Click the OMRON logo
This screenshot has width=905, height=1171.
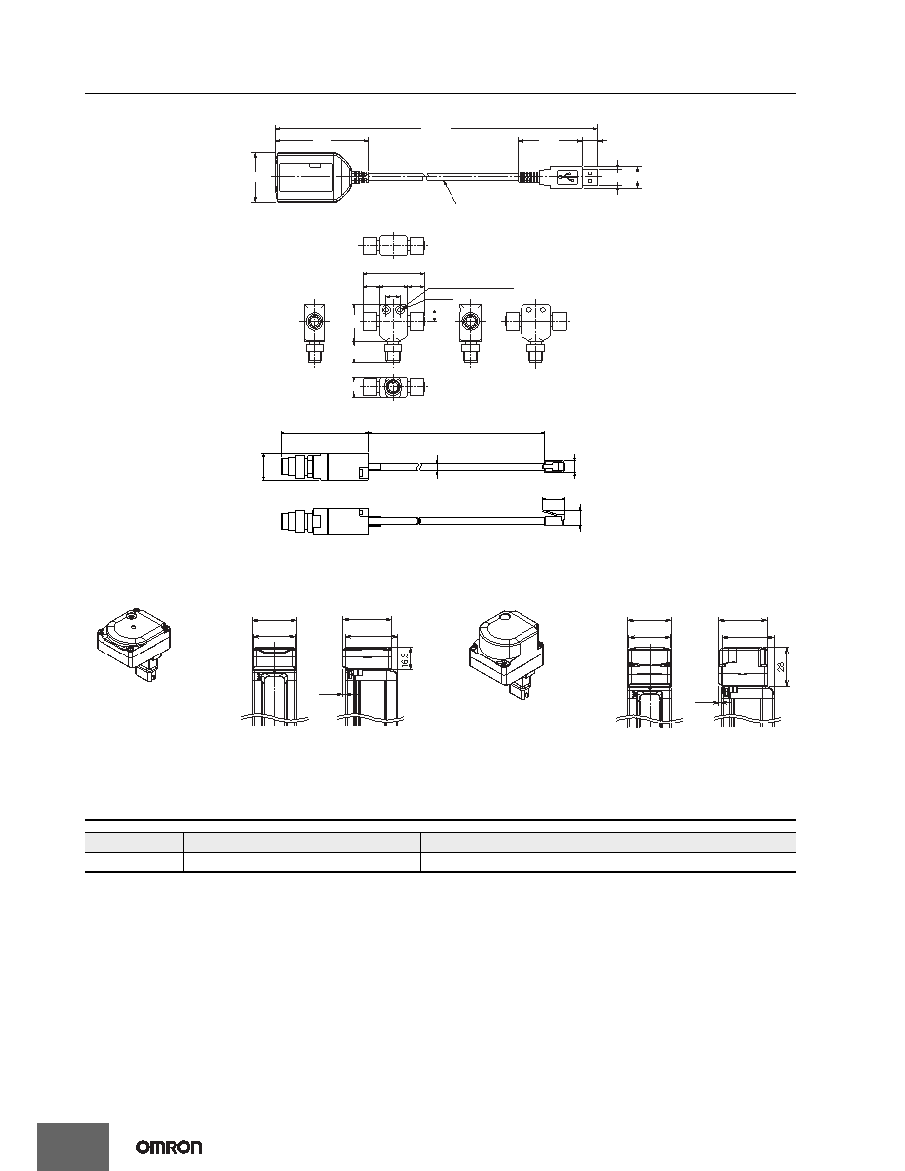point(169,1148)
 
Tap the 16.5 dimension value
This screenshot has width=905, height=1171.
point(404,658)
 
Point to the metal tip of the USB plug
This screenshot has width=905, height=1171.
point(590,177)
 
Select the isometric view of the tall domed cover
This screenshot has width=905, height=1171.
point(509,650)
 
